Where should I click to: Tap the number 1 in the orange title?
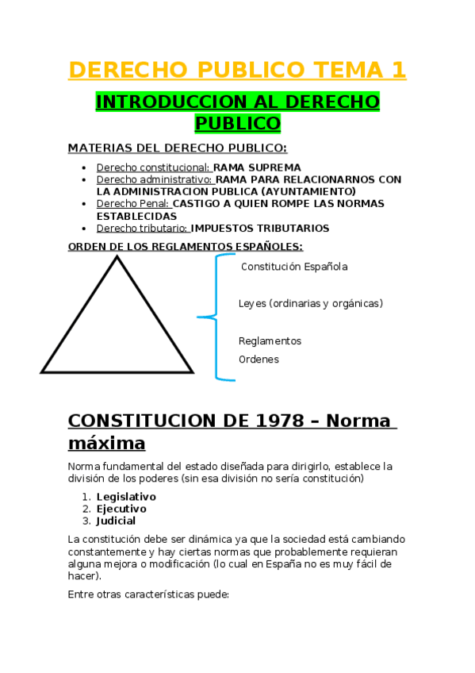(398, 70)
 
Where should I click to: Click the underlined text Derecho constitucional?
(153, 167)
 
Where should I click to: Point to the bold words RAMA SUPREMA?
(258, 167)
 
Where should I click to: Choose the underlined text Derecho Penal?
(133, 204)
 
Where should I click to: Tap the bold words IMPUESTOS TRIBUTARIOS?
(260, 229)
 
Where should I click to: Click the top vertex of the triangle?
(117, 257)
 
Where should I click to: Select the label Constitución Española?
(294, 267)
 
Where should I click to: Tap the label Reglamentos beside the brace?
(270, 341)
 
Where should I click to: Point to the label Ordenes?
(259, 360)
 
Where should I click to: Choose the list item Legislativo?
(126, 497)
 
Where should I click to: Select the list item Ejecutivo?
(121, 509)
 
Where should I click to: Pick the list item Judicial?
(116, 521)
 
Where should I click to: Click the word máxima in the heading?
(106, 442)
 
